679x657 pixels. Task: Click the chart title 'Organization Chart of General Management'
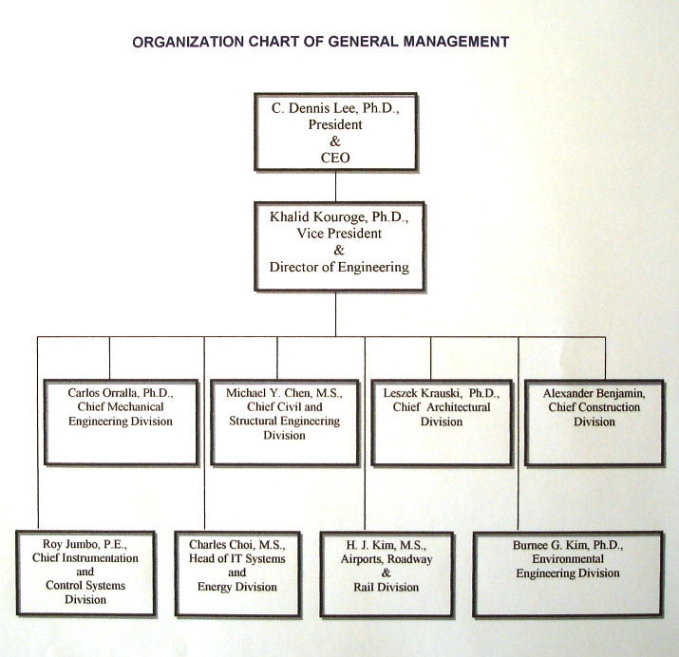click(x=321, y=42)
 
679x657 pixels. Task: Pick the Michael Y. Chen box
click(x=285, y=420)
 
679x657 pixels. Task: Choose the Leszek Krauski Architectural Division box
click(x=441, y=420)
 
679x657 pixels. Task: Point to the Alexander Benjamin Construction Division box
click(x=594, y=420)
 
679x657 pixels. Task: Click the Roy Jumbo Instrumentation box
click(x=85, y=573)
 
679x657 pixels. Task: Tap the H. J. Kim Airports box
click(x=387, y=573)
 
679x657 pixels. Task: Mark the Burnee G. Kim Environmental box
click(x=568, y=573)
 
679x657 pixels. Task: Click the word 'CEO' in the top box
click(x=336, y=158)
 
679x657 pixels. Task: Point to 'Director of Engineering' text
click(x=339, y=267)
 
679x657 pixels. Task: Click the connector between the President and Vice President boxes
click(x=335, y=185)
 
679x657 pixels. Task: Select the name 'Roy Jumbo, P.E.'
click(x=85, y=544)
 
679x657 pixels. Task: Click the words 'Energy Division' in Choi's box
click(x=236, y=587)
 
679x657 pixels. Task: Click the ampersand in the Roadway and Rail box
click(x=387, y=573)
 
